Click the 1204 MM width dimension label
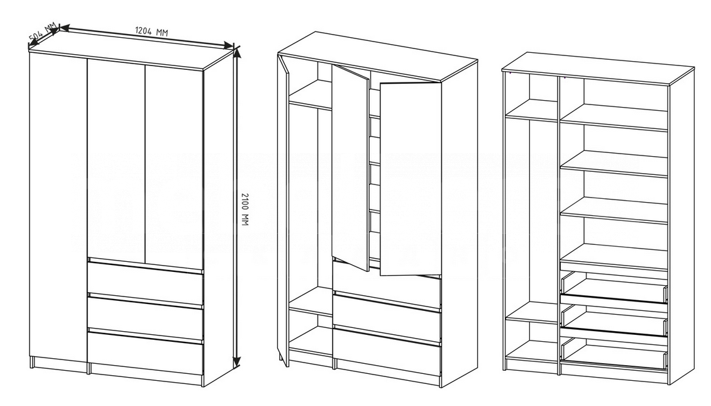tap(152, 31)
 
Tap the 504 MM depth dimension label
tap(43, 30)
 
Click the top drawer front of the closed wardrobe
tap(145, 281)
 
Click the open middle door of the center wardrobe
tap(350, 168)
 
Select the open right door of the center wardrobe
tap(411, 179)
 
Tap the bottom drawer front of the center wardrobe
tap(387, 352)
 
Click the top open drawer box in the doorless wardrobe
tap(614, 287)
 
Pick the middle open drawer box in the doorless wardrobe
tap(614, 320)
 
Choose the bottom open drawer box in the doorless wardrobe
tap(614, 353)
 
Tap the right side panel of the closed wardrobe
tap(219, 216)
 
